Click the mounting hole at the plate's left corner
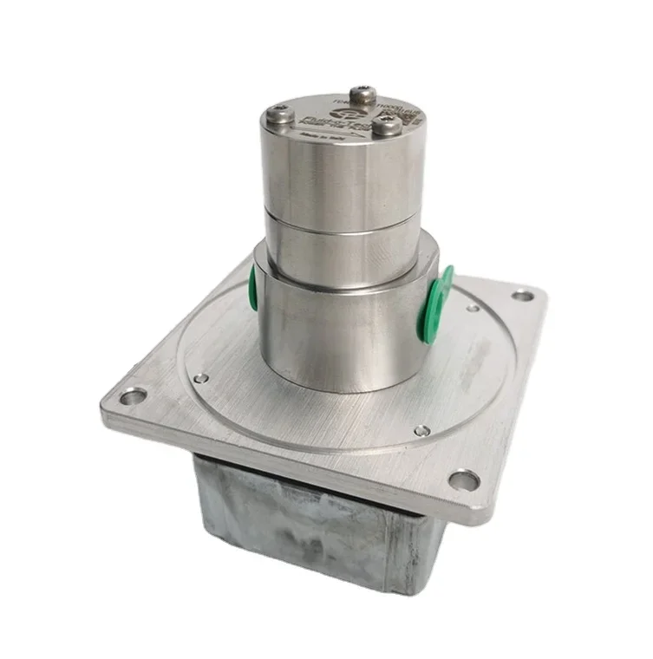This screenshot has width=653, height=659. tap(134, 397)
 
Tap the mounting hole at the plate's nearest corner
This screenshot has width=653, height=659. tap(464, 479)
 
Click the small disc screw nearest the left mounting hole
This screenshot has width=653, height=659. tap(200, 378)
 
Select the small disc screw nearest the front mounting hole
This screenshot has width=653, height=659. tap(421, 430)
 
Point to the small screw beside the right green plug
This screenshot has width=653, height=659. tap(473, 308)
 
